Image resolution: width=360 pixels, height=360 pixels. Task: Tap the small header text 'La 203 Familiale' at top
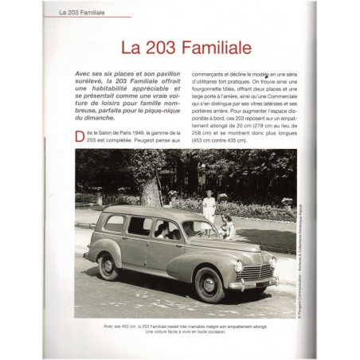94,13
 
